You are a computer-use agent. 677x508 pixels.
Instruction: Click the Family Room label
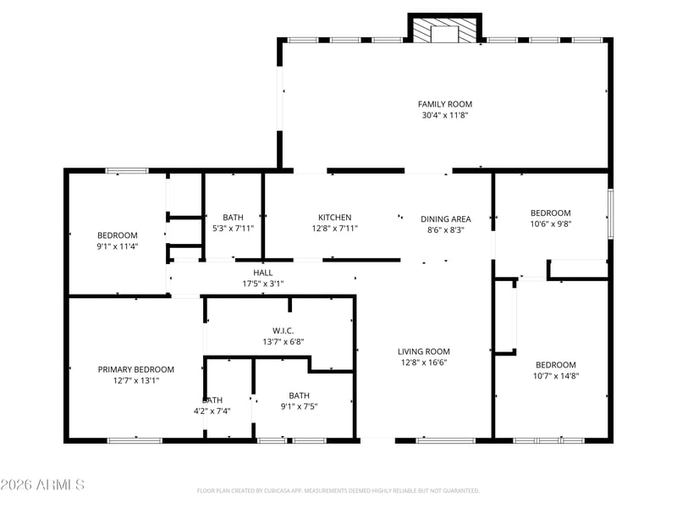pos(445,104)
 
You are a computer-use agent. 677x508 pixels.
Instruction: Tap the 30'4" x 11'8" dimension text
pos(445,115)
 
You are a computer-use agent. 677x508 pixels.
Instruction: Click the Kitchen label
pos(334,218)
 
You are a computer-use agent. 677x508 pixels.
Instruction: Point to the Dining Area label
pos(446,219)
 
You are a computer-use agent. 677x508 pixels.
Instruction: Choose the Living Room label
pos(424,351)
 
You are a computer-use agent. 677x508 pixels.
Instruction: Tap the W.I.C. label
pos(283,331)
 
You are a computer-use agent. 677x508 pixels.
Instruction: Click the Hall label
pos(263,273)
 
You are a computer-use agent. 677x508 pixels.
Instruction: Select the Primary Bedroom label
pos(136,369)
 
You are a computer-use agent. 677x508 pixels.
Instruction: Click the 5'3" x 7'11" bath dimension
pos(234,229)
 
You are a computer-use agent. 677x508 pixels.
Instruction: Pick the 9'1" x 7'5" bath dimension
pos(300,406)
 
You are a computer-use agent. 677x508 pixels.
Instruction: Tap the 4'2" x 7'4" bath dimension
pos(212,411)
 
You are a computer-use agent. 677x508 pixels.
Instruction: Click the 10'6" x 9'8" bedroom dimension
pos(551,224)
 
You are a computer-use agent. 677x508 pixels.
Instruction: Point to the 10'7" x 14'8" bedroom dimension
pos(556,376)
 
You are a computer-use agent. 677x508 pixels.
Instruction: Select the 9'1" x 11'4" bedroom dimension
pos(118,246)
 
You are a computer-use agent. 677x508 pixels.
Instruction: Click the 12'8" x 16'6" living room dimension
pos(424,363)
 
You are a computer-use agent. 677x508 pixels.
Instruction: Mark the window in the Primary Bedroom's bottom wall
pos(135,440)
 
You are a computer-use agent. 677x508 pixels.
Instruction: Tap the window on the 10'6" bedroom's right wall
pos(610,213)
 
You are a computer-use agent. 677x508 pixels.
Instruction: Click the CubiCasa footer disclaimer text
pos(338,491)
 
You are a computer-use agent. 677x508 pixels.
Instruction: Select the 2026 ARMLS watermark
pos(41,484)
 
